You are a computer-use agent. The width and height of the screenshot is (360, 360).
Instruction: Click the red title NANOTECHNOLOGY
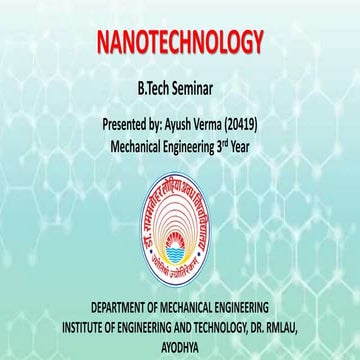[x=180, y=42]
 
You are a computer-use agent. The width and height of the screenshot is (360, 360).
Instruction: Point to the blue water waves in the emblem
[x=181, y=238]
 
